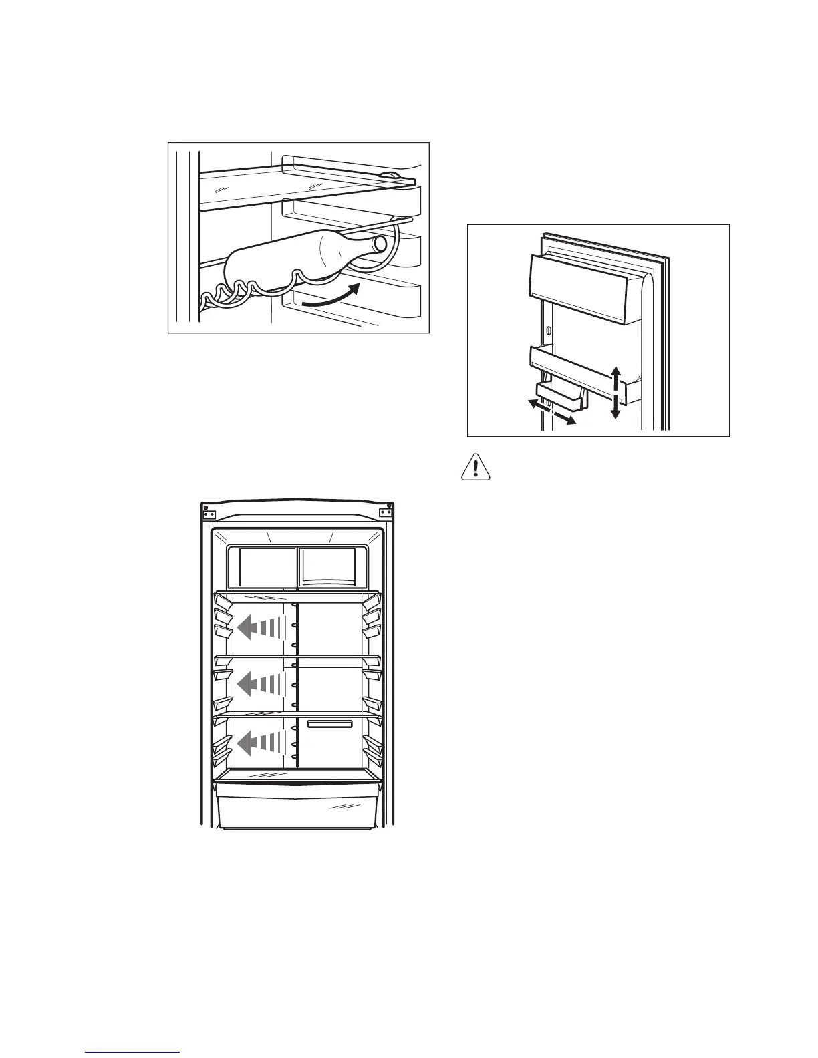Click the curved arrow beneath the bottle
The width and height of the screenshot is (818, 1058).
click(331, 296)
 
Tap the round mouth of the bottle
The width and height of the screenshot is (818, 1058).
click(380, 244)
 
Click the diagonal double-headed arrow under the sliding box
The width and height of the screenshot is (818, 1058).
click(552, 412)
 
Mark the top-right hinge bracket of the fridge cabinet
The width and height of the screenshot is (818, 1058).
click(385, 513)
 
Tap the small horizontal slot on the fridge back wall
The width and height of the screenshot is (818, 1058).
click(329, 724)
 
